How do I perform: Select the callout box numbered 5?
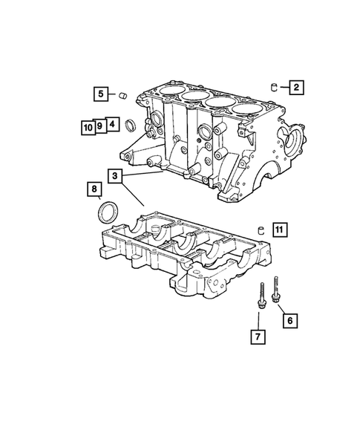tap(100, 94)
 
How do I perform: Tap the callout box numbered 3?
tap(115, 176)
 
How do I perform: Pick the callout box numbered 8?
tap(94, 191)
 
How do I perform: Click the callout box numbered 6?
tap(289, 320)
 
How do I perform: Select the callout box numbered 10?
tap(88, 126)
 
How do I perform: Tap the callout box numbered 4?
tap(111, 124)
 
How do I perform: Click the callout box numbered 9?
tap(99, 126)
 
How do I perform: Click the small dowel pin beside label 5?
tap(123, 95)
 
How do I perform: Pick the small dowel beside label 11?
tap(261, 229)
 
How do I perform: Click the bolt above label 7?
tap(261, 297)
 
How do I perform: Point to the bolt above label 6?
tap(276, 289)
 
